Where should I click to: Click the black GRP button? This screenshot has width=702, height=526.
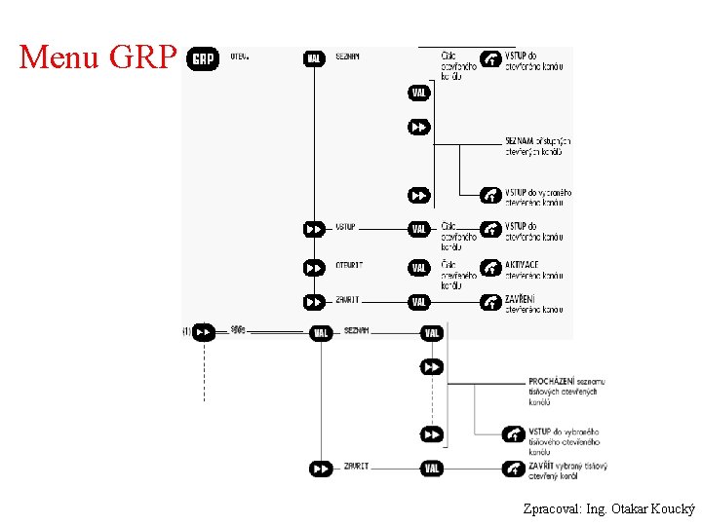pos(203,59)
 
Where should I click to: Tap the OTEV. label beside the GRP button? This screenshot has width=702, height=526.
pos(240,56)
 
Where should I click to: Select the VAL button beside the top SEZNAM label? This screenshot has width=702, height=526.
pos(314,58)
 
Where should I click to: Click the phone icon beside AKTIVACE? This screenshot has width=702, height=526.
pos(491,267)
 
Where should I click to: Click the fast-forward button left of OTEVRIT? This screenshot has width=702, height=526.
pos(314,267)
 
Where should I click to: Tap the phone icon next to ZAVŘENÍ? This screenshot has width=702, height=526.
pos(491,302)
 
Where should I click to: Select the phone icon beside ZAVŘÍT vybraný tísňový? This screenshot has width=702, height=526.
pos(514,469)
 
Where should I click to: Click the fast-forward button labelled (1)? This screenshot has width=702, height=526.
pos(203,332)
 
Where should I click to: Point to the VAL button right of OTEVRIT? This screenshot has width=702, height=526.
pos(419,267)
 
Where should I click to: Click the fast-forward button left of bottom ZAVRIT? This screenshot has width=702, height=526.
pos(320,469)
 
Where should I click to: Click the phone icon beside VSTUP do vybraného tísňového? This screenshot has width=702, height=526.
pos(514,433)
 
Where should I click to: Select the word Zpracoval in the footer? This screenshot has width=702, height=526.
pos(550,508)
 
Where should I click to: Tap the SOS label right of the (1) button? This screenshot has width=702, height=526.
pos(239,331)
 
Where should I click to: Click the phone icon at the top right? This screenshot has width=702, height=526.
pos(491,60)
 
